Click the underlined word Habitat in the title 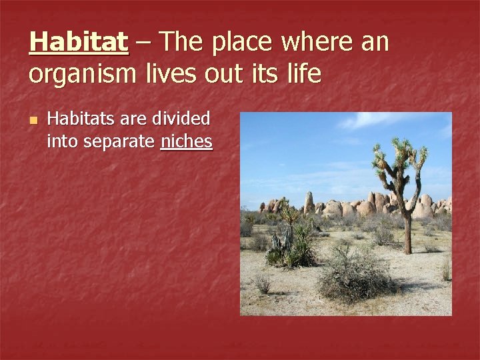click(79, 43)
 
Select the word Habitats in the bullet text click(81, 119)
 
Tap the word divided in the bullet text click(181, 119)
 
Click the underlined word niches click(186, 141)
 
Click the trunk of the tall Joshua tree click(406, 227)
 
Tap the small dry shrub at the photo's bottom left click(263, 283)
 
